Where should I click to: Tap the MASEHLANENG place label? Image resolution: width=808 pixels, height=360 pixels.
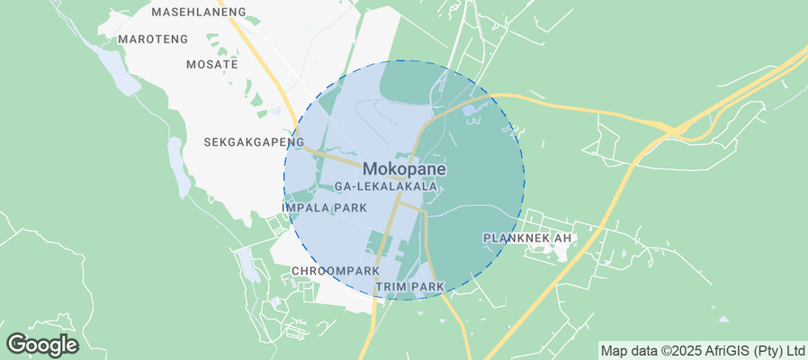(198, 12)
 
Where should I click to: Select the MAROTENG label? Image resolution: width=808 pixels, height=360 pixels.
(153, 40)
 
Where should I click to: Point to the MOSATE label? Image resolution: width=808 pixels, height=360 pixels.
(211, 65)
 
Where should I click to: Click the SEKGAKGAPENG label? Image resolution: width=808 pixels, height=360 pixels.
(254, 142)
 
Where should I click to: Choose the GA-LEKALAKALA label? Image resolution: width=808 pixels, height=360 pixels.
(385, 186)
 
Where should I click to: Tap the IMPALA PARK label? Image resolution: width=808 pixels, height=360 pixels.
(324, 208)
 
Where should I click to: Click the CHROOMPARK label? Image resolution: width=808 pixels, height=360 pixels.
(335, 270)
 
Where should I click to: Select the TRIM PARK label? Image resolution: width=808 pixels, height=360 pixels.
(410, 286)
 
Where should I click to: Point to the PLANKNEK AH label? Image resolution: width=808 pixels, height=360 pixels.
(527, 238)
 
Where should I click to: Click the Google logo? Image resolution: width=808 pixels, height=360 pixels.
(41, 344)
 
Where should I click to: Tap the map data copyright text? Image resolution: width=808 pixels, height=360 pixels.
(703, 350)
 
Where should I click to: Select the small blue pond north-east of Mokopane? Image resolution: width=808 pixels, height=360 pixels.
(471, 111)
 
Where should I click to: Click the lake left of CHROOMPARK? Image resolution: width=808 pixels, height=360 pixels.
(246, 264)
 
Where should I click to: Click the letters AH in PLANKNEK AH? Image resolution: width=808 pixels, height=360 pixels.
(562, 238)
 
